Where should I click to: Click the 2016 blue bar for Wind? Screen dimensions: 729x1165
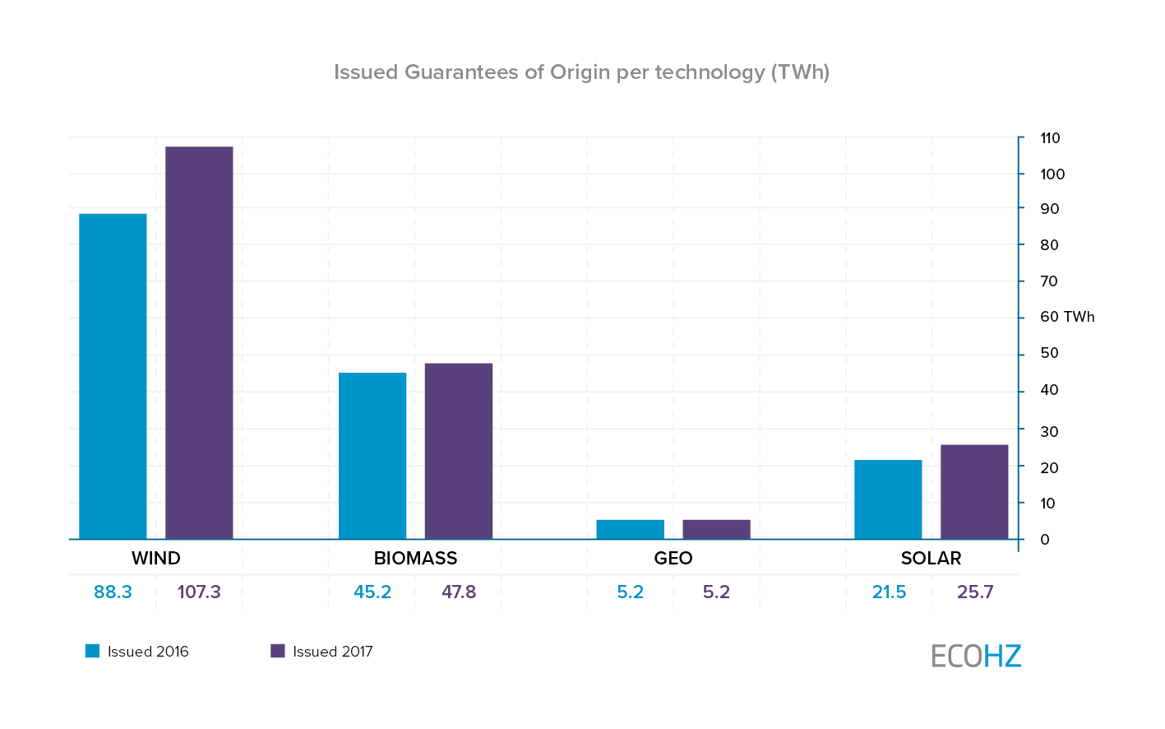click(113, 376)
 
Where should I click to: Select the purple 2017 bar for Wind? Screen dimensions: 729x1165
click(199, 342)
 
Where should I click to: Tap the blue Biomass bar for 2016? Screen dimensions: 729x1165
click(372, 456)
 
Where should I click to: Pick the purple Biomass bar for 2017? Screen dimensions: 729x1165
click(459, 451)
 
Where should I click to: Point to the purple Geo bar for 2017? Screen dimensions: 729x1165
click(716, 530)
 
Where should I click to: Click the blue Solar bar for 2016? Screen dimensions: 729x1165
click(888, 499)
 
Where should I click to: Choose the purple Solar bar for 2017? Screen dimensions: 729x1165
click(974, 492)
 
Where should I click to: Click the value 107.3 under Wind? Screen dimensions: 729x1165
click(199, 592)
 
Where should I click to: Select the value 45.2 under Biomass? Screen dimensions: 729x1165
click(372, 592)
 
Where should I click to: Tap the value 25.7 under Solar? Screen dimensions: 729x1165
click(975, 592)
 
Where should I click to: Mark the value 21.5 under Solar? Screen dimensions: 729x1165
click(889, 592)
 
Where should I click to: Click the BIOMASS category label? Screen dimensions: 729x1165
click(415, 559)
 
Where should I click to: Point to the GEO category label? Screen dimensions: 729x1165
click(673, 559)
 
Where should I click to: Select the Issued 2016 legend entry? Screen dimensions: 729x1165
click(137, 652)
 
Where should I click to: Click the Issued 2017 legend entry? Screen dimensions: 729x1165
click(322, 652)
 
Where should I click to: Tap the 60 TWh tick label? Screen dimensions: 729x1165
click(1067, 318)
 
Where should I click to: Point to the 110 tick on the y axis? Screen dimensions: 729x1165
click(1050, 138)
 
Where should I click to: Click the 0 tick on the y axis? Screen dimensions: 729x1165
click(1045, 540)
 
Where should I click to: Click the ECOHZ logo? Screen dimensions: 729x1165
click(976, 656)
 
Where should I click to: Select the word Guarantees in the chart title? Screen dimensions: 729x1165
click(461, 72)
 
